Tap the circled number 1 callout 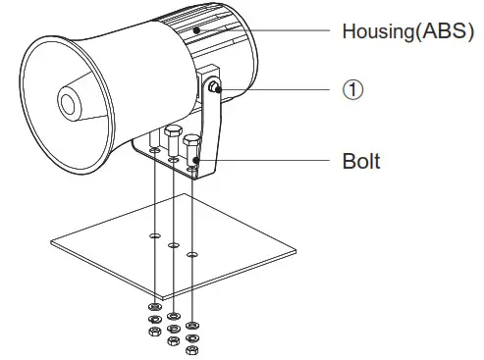click(352, 89)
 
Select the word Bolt click(361, 160)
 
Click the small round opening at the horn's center click(70, 102)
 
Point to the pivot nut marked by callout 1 click(214, 90)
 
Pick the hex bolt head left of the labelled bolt click(174, 134)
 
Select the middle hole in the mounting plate click(173, 245)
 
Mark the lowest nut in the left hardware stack click(154, 333)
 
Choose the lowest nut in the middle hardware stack click(173, 340)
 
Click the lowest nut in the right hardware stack click(194, 349)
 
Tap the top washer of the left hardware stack click(155, 307)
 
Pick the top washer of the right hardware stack click(195, 323)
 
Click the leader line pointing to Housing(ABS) click(275, 29)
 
